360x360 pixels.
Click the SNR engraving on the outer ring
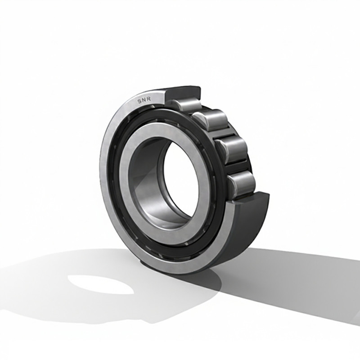[x=144, y=100]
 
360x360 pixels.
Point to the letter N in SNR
[x=144, y=100]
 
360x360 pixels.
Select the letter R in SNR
[x=149, y=99]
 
